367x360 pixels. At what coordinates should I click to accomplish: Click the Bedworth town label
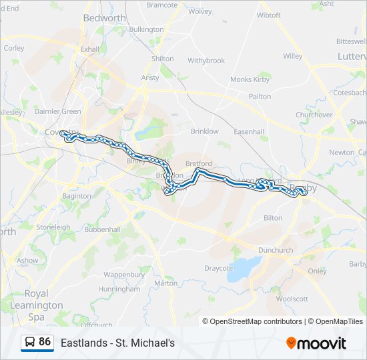click(100, 18)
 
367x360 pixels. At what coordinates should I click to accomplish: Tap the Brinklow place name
click(204, 131)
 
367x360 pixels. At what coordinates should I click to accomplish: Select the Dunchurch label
click(276, 250)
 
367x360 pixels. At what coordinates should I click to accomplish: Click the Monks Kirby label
click(250, 79)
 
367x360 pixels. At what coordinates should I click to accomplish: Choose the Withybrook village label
click(206, 61)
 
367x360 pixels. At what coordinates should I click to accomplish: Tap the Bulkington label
click(146, 29)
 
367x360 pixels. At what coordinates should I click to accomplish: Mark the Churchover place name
click(314, 115)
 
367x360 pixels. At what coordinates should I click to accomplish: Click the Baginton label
click(76, 197)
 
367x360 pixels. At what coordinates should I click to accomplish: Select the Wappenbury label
click(124, 274)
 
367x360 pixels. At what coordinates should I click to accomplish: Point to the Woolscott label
click(292, 299)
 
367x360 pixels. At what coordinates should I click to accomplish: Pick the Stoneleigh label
click(53, 227)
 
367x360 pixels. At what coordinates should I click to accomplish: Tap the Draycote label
click(218, 268)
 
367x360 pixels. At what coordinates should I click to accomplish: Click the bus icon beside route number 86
click(29, 342)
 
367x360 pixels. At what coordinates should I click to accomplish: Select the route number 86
click(45, 342)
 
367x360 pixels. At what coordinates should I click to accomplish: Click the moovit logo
click(316, 343)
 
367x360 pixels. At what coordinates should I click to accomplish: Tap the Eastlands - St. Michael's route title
click(117, 343)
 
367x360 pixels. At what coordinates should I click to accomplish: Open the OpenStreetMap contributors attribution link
click(256, 321)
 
